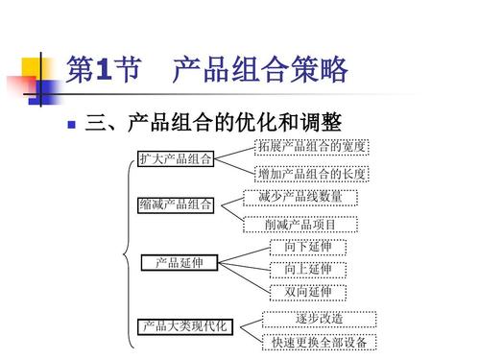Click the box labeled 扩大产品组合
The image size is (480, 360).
[175, 158]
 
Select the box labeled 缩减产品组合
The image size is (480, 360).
[175, 204]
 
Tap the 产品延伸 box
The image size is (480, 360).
[180, 262]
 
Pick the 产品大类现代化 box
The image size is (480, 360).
[185, 326]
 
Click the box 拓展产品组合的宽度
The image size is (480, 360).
[311, 146]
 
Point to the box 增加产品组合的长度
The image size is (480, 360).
[311, 174]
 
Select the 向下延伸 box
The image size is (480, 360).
[307, 248]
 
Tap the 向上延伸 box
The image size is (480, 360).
[307, 269]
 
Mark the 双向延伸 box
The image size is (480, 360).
[307, 291]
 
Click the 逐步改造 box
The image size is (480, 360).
[321, 318]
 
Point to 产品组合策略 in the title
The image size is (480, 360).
[259, 70]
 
